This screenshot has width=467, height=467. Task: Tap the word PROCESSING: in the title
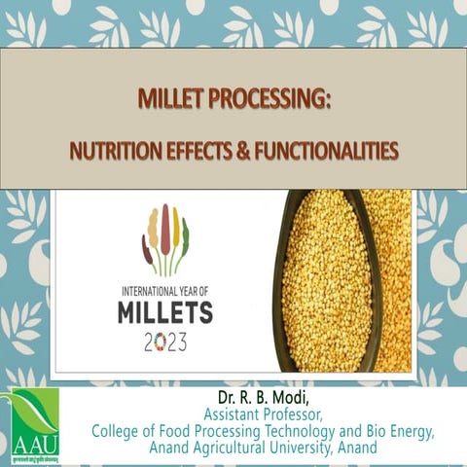(x=267, y=100)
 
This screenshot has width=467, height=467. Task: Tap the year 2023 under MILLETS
(x=165, y=342)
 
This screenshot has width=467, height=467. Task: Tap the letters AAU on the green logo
(x=35, y=444)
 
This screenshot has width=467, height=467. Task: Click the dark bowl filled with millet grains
(x=331, y=282)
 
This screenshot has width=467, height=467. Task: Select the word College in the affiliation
(x=114, y=431)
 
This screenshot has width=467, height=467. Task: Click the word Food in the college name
(x=170, y=431)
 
